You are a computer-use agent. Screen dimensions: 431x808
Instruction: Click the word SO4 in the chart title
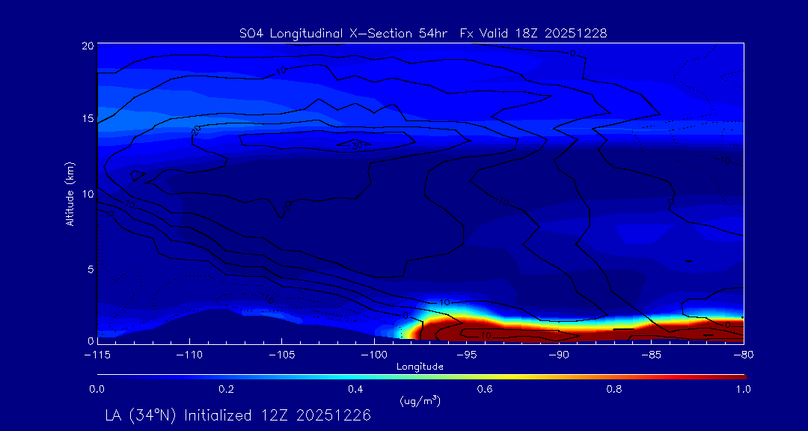pos(249,33)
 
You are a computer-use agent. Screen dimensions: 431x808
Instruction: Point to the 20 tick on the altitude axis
pos(88,46)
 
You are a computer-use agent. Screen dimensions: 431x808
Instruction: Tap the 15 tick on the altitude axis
pos(88,120)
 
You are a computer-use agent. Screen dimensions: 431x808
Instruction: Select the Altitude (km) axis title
pos(70,193)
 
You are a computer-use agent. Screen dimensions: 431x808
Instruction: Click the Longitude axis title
pos(420,367)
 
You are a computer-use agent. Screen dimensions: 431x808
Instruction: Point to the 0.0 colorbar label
pos(97,389)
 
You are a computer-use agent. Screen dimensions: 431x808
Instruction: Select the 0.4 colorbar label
pos(355,389)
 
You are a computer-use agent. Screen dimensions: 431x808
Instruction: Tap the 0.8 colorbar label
pos(614,389)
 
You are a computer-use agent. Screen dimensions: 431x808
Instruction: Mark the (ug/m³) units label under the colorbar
pos(420,401)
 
